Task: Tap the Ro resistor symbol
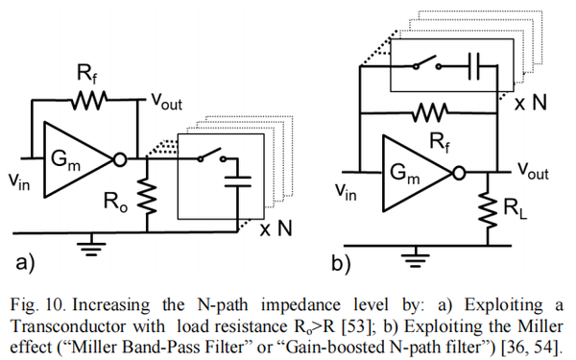(147, 197)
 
